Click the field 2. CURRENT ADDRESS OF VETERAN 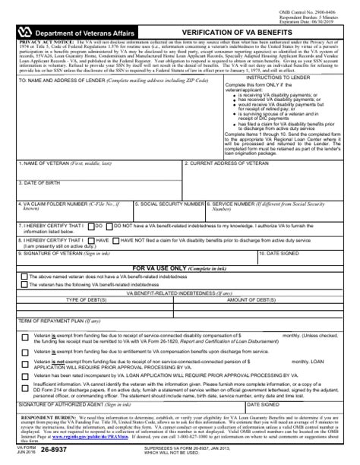270,172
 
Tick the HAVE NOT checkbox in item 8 116,239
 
